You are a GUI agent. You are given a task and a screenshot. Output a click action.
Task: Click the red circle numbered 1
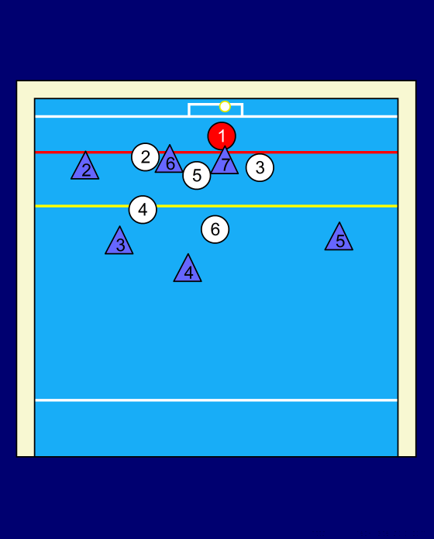point(222,136)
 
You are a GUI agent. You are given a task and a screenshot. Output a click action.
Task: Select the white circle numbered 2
point(146,157)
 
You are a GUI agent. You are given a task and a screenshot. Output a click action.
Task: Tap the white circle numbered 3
point(260,167)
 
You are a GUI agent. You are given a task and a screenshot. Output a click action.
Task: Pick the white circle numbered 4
point(143,209)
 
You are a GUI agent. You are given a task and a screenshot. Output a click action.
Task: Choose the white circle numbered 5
point(197,175)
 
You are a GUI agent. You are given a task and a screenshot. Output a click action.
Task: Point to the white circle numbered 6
point(215,229)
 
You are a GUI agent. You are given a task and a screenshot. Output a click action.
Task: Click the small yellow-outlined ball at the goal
point(225,107)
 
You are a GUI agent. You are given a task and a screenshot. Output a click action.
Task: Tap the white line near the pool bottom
point(216,400)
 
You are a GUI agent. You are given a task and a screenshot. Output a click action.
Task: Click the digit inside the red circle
point(222,136)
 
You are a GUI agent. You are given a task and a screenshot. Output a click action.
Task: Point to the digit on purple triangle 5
point(339,242)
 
